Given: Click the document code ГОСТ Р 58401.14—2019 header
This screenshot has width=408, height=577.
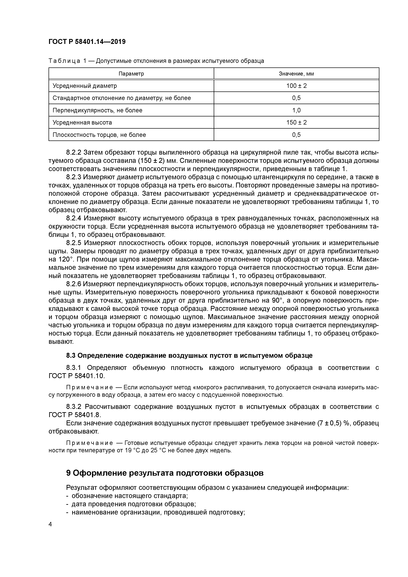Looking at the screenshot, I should [x=87, y=42].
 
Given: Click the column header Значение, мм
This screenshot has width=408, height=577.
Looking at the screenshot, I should [x=296, y=74].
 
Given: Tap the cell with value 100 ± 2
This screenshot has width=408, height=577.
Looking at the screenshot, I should [x=296, y=86].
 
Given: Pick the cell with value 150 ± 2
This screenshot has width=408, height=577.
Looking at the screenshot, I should [x=296, y=122].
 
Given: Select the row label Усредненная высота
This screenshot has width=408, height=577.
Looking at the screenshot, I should [x=82, y=122].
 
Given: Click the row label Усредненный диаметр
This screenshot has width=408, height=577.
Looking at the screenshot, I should [x=85, y=86].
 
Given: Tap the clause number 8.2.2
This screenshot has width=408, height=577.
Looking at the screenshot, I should [x=74, y=152].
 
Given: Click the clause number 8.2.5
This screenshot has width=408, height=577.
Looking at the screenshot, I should [x=74, y=243].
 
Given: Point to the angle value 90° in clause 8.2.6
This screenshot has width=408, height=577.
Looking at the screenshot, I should [x=278, y=301].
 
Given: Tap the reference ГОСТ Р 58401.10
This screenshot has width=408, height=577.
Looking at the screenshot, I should [x=76, y=376].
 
